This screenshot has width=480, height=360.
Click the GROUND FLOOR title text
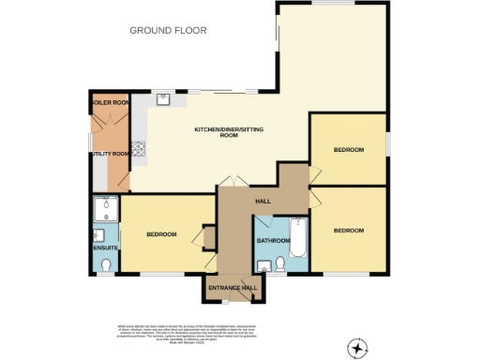click(x=168, y=31)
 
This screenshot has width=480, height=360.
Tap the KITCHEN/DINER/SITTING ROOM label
click(x=230, y=132)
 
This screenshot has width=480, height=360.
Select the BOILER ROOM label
click(x=108, y=100)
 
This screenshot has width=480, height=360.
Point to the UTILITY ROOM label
click(x=110, y=153)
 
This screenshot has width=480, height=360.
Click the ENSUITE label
click(x=104, y=248)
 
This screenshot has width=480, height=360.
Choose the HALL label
click(x=264, y=202)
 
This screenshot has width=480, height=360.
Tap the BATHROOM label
click(x=273, y=241)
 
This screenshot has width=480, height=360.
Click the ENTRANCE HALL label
click(x=231, y=289)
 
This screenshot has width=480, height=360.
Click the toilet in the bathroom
click(x=265, y=268)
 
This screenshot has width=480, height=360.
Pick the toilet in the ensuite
click(x=105, y=266)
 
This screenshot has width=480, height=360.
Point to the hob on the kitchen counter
click(x=141, y=147)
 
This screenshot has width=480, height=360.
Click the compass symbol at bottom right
click(x=356, y=349)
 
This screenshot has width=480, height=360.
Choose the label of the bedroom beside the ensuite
click(x=161, y=234)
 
